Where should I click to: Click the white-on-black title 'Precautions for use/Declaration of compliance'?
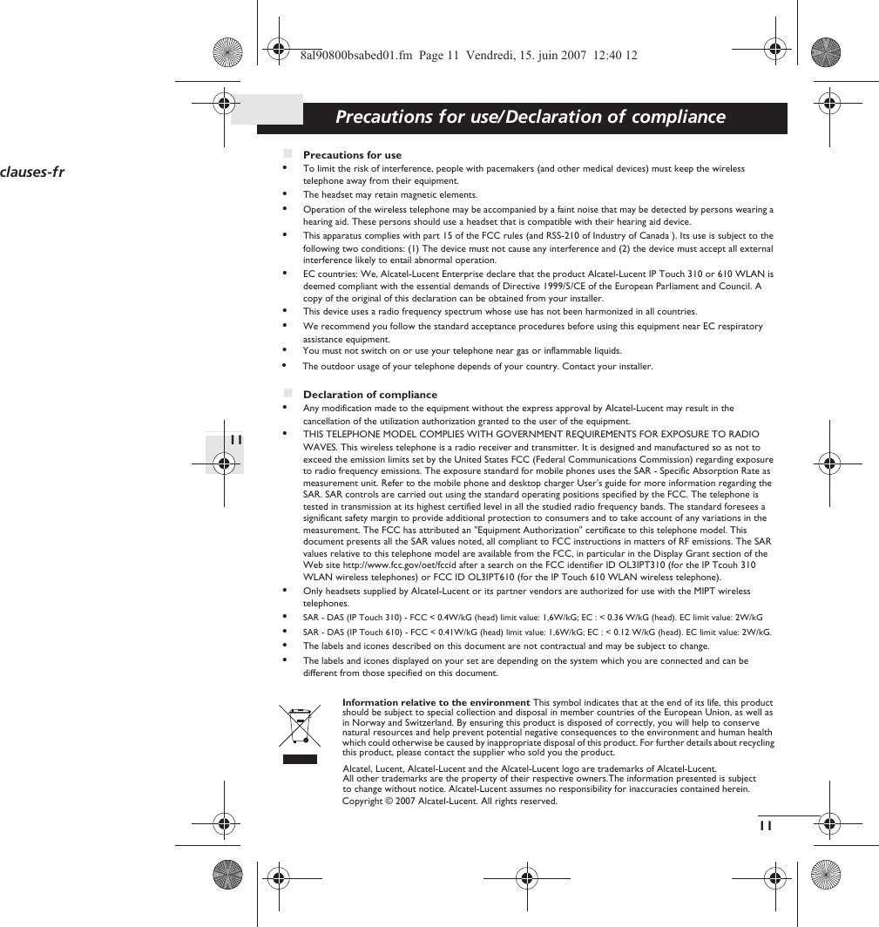click(530, 117)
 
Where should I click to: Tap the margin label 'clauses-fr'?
click(32, 172)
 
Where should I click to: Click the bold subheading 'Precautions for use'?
click(352, 155)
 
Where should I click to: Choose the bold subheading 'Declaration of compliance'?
click(369, 395)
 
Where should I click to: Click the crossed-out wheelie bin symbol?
click(300, 727)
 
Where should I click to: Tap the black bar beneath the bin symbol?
click(300, 759)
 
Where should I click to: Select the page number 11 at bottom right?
click(765, 825)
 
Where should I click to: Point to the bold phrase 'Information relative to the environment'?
click(436, 702)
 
